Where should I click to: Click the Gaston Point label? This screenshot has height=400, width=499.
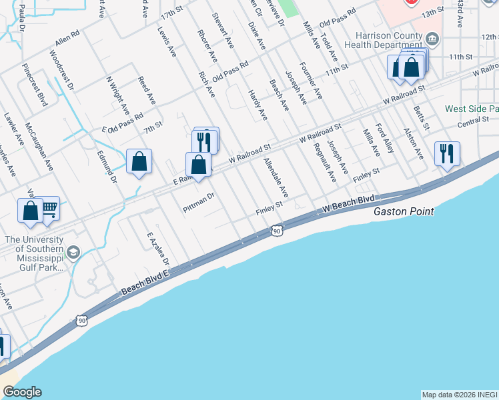click(404, 211)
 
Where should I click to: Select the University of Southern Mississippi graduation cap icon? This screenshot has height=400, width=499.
click(73, 251)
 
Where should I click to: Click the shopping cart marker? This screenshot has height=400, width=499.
click(49, 207)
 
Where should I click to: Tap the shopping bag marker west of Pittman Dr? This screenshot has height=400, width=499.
click(139, 161)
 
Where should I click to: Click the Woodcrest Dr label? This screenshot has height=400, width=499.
click(61, 77)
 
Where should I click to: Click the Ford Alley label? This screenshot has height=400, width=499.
click(385, 138)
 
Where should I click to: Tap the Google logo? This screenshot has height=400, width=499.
click(22, 392)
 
